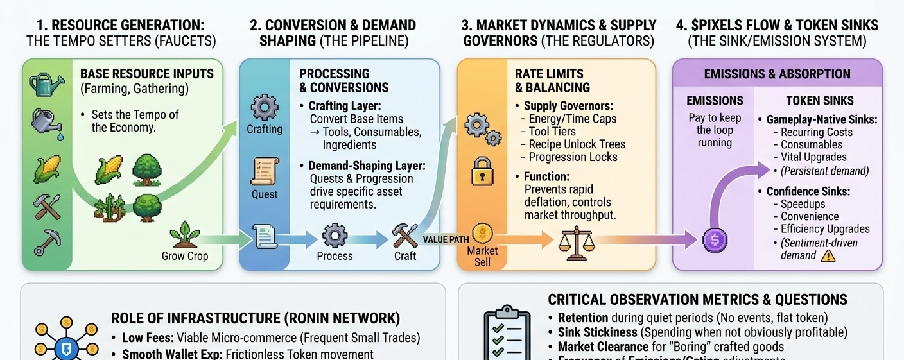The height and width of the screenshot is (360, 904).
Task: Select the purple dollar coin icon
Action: tap(715, 241)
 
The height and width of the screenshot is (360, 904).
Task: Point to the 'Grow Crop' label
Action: tap(186, 256)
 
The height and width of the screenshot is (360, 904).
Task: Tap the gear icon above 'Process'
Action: tap(335, 236)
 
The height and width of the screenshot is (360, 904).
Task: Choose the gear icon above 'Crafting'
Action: tap(264, 107)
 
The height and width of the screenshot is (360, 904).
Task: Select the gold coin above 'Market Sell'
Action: tap(482, 233)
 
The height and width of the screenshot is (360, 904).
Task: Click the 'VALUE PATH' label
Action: tap(446, 239)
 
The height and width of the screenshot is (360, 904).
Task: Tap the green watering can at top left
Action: tap(44, 84)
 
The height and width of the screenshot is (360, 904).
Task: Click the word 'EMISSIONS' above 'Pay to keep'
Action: tap(715, 100)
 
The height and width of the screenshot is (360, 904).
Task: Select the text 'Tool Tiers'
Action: tap(552, 132)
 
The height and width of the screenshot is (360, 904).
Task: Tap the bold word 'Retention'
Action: tap(583, 318)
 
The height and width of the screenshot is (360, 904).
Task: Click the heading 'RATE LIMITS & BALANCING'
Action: tap(552, 80)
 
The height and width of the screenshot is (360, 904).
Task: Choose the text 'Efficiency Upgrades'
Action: tap(825, 229)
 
